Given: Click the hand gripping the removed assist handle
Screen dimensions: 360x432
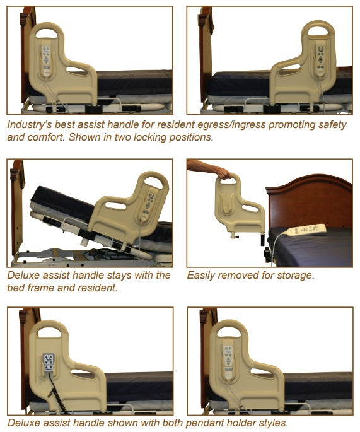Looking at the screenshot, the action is coord(223,174).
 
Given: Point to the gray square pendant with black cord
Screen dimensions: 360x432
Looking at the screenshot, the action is coord(49,363).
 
